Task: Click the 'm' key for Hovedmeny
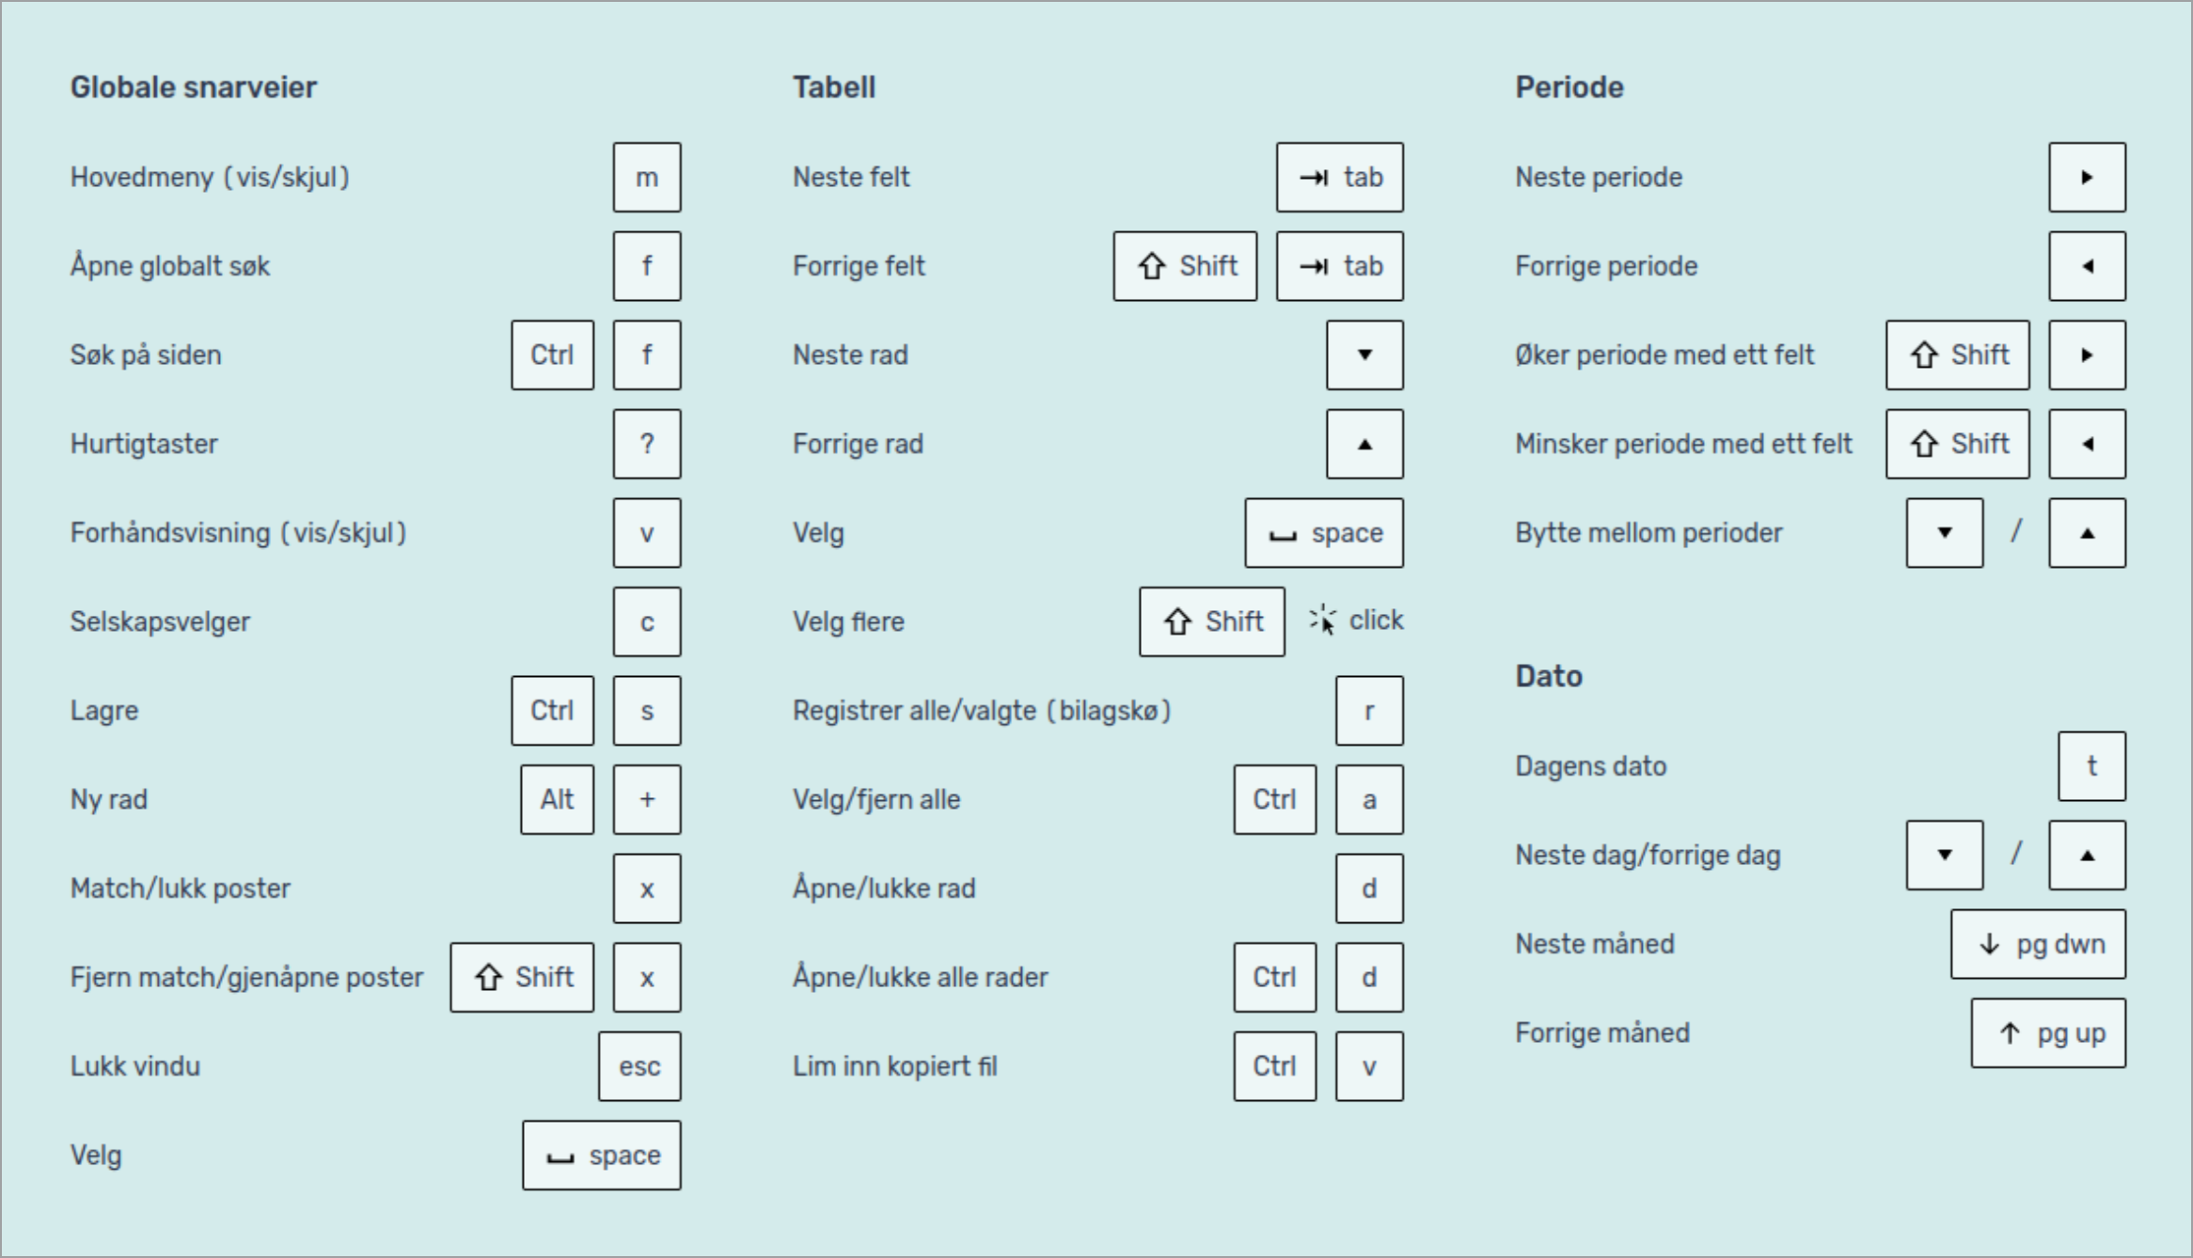click(647, 177)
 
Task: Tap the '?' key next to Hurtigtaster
click(647, 444)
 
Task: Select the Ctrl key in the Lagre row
click(553, 711)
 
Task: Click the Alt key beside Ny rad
click(558, 799)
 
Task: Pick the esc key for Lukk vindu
click(639, 1066)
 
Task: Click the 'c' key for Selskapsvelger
click(647, 621)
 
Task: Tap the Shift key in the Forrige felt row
click(1185, 266)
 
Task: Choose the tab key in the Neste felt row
click(1340, 177)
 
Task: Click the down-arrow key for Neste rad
click(1365, 354)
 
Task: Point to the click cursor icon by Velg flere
click(1322, 620)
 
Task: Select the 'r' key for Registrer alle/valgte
click(1369, 711)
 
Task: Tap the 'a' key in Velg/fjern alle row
click(1369, 799)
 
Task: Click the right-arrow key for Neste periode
click(2088, 177)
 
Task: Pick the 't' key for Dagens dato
click(2092, 766)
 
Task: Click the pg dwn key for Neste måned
click(2039, 944)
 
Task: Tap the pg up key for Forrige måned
click(2049, 1033)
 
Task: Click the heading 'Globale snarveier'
click(194, 87)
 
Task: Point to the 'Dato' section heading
click(1549, 676)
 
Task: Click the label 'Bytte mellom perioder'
click(1649, 533)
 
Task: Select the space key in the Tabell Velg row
click(1324, 533)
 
